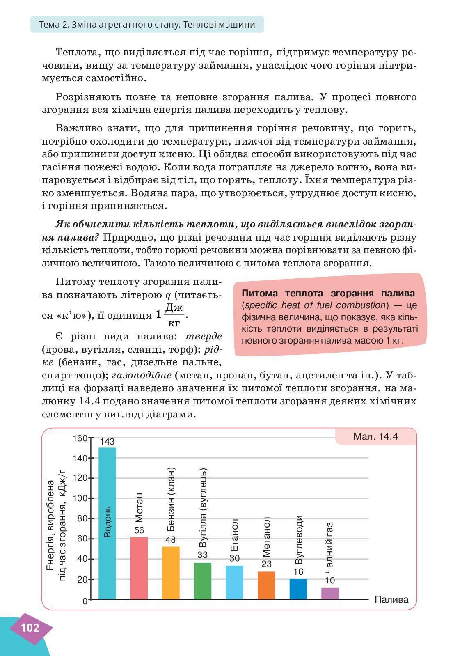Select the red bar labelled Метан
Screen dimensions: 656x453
point(139,568)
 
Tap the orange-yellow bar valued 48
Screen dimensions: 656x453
point(171,573)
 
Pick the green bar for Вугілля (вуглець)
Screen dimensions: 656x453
point(203,580)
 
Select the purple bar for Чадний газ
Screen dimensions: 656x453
point(330,593)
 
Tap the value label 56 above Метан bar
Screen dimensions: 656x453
point(139,530)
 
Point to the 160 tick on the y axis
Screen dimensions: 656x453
point(80,438)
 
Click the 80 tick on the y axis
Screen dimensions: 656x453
point(82,518)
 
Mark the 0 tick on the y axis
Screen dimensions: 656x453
point(85,601)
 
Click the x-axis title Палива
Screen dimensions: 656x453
point(391,599)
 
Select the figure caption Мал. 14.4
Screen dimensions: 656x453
point(375,436)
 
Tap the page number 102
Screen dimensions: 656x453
point(30,628)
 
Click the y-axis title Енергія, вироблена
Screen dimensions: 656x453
point(51,525)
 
